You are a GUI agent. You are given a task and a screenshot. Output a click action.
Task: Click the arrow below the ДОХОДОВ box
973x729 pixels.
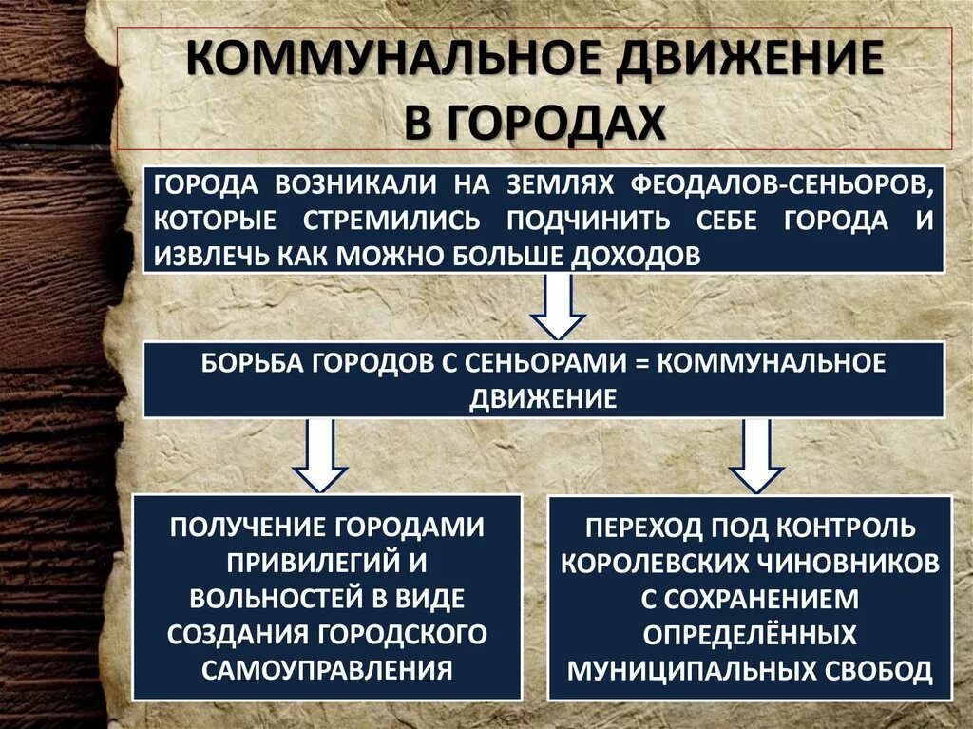point(558,306)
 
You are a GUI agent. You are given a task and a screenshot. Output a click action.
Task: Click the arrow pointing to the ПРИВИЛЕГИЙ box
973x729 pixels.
point(321,454)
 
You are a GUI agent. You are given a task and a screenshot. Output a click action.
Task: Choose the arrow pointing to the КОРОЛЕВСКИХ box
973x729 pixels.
point(756,454)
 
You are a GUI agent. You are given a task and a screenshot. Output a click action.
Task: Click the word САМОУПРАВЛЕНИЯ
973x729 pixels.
point(326,669)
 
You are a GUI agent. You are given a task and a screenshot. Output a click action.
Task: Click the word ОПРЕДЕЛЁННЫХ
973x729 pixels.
point(750,634)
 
